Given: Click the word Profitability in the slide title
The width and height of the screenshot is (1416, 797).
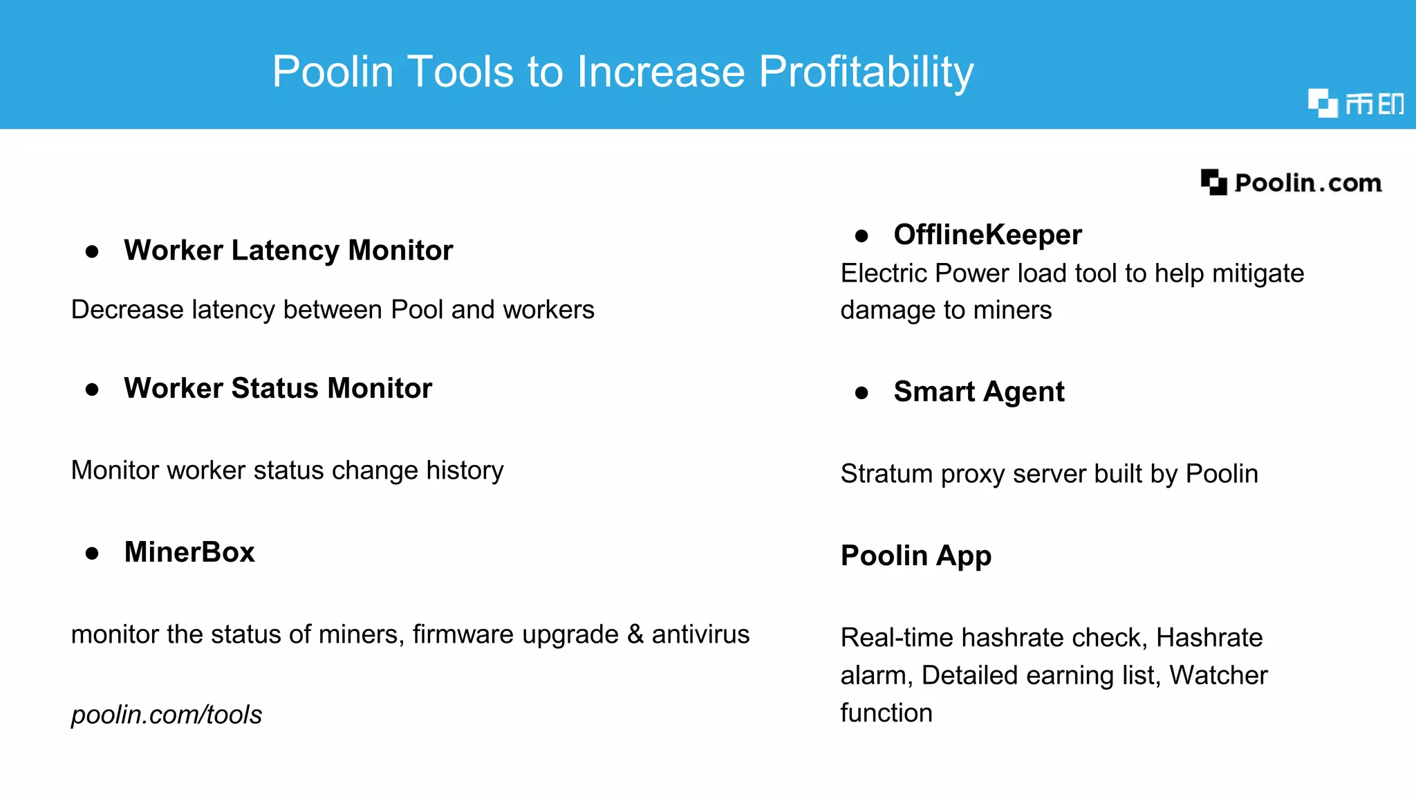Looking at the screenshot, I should tap(866, 72).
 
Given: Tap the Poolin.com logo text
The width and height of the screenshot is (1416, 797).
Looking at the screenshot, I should tap(1308, 183).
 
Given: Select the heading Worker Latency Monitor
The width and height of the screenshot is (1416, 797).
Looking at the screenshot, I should tap(288, 250).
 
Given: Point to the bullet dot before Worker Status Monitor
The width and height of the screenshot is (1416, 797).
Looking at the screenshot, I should tap(92, 390).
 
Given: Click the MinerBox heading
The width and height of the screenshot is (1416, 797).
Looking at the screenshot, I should tap(189, 552).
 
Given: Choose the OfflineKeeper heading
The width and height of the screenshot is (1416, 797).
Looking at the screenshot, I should tap(987, 235).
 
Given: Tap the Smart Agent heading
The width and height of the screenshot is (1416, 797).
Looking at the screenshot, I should tap(979, 392).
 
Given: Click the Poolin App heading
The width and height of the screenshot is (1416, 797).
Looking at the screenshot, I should tap(916, 556).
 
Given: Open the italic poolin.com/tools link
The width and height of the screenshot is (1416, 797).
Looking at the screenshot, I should tap(167, 715).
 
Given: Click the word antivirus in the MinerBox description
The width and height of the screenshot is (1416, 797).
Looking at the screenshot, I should tap(700, 634).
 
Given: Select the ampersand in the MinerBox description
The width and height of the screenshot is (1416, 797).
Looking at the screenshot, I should tap(635, 634).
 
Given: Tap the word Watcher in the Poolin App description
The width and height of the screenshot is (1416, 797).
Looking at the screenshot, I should tap(1218, 675).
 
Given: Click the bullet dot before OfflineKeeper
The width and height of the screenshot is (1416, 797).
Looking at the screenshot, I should tap(861, 236).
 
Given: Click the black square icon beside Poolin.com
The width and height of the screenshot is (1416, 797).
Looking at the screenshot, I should tap(1213, 183).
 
